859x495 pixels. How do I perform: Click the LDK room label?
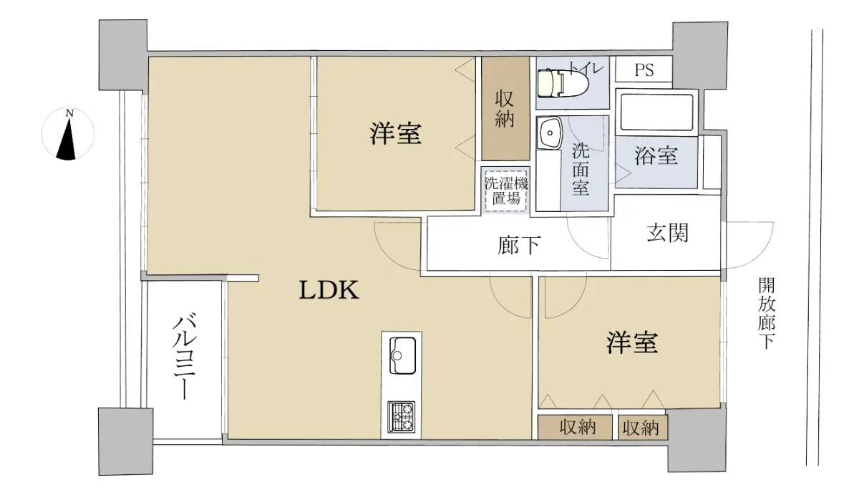coord(329,289)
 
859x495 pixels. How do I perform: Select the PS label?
coord(644,69)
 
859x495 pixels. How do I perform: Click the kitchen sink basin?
coord(402,355)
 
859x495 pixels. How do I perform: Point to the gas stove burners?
coord(401,417)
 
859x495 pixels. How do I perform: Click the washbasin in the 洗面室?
coord(550,133)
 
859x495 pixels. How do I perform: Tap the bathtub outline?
coord(657,112)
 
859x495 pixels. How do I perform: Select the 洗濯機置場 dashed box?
coord(506,191)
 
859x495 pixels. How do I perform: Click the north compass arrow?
coord(68,139)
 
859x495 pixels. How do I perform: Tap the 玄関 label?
coord(668,233)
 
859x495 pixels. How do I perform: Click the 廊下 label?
coord(520,245)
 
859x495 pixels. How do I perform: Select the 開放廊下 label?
coord(767,314)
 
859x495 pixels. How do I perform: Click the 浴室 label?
coord(656,156)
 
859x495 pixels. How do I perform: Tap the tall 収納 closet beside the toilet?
coord(506,109)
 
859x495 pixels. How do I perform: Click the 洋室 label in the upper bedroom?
coord(396,133)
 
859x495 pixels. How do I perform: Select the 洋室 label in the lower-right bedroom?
coord(632,342)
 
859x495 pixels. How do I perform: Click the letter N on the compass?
coord(69,112)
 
